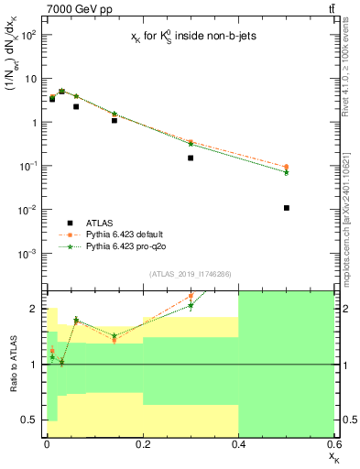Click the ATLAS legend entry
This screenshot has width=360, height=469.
97,223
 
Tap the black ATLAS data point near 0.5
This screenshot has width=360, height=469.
287,208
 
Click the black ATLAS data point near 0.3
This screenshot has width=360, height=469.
191,158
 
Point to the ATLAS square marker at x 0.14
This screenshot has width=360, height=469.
114,120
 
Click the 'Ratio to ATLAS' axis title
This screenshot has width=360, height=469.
14,363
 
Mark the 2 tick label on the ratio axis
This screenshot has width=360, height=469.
34,309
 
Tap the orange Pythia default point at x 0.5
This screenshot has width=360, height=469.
287,167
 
